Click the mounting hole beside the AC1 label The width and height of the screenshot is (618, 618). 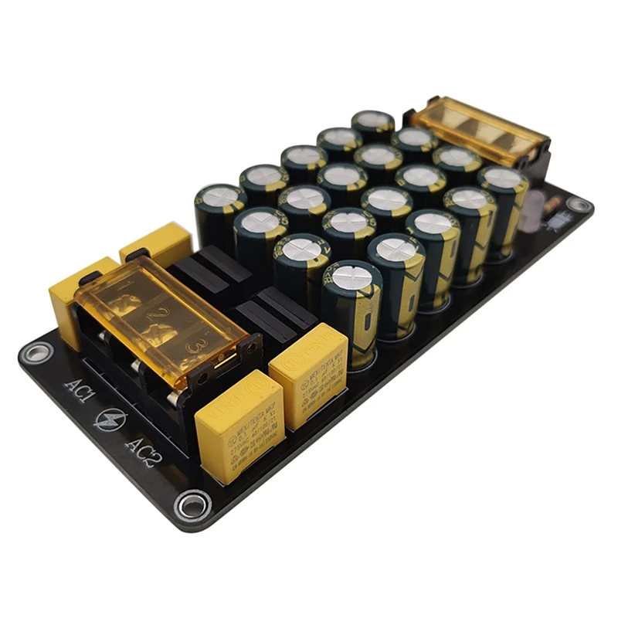coord(34,354)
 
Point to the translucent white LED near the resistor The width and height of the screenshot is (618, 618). coord(531,217)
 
